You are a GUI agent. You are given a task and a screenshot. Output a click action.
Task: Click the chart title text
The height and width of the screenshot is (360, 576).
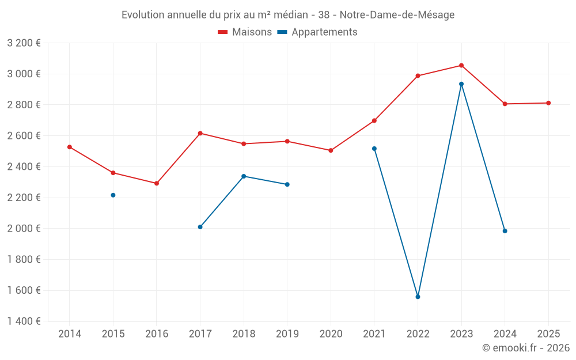[287, 15]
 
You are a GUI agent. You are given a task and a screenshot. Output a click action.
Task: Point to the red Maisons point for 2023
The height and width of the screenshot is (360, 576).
[461, 66]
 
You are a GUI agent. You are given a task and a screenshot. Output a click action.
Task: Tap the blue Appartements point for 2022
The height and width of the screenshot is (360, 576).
[418, 297]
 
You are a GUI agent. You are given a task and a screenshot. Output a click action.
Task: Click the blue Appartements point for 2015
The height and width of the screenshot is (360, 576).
[113, 195]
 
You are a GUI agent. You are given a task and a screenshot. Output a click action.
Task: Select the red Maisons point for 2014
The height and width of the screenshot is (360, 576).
[70, 147]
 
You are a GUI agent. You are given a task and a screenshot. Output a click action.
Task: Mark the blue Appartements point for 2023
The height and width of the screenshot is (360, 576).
[461, 84]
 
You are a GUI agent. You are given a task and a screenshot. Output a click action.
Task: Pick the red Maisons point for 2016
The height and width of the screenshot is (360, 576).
[157, 183]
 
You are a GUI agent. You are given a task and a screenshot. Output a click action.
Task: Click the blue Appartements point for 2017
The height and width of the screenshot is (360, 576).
[200, 227]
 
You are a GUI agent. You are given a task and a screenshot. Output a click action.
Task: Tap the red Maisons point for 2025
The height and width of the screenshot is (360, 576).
[548, 103]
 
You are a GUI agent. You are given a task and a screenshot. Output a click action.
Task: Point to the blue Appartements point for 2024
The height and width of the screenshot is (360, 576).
[505, 231]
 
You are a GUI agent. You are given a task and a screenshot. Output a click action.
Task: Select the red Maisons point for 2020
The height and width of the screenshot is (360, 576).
[331, 150]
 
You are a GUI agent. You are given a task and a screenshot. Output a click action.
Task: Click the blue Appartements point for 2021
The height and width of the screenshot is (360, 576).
[374, 149]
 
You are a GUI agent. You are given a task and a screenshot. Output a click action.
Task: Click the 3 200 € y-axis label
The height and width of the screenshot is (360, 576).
[24, 43]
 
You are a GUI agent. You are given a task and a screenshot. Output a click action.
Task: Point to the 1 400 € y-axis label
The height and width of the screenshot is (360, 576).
[24, 321]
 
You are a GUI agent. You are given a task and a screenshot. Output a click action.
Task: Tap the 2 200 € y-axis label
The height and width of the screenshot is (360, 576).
[24, 198]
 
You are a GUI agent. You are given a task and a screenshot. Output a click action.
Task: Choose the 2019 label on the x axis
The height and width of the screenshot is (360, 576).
[287, 334]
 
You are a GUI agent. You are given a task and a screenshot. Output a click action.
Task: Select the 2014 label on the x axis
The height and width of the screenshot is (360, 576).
[70, 334]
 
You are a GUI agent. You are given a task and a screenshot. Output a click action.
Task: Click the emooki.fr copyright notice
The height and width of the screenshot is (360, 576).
[526, 348]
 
